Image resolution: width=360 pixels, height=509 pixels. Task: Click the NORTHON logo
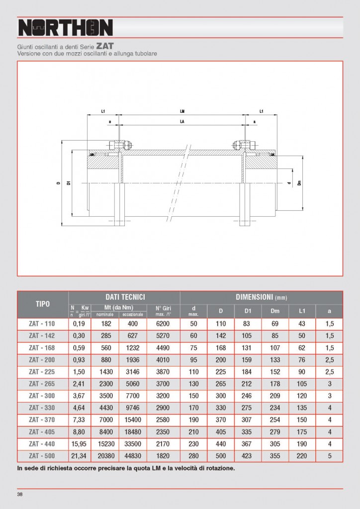pyautogui.click(x=65, y=28)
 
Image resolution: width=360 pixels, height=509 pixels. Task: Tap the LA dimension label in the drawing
pyautogui.click(x=181, y=121)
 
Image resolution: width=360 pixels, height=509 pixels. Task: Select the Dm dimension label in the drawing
pyautogui.click(x=299, y=183)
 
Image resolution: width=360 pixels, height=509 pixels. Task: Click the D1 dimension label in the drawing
pyautogui.click(x=69, y=183)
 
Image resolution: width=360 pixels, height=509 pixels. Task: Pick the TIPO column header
pyautogui.click(x=42, y=304)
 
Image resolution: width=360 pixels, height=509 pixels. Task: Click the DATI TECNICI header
pyautogui.click(x=124, y=296)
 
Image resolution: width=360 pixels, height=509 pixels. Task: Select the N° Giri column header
pyautogui.click(x=163, y=311)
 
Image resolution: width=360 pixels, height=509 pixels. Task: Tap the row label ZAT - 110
pyautogui.click(x=42, y=323)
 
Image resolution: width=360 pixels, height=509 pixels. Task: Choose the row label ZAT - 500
pyautogui.click(x=42, y=456)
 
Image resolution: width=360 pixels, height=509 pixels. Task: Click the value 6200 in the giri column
pyautogui.click(x=163, y=323)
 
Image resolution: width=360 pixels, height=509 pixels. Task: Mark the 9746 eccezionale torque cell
pyautogui.click(x=133, y=408)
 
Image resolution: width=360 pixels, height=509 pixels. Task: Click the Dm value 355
pyautogui.click(x=274, y=456)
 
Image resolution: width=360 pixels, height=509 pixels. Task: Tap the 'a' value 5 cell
pyautogui.click(x=329, y=456)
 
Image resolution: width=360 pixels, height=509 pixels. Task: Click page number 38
pyautogui.click(x=20, y=495)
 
